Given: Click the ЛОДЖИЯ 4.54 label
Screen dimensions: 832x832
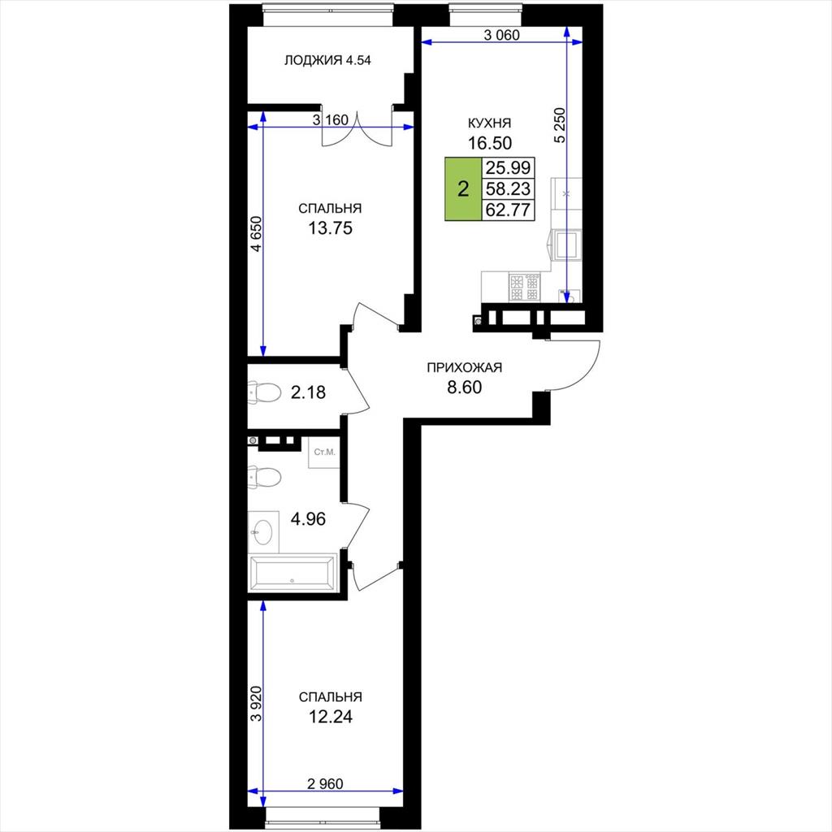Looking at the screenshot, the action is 327,60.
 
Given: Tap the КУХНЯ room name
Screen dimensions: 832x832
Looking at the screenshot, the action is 489,123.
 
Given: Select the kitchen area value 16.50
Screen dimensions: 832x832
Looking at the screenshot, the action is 489,143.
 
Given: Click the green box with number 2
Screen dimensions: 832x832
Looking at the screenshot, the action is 463,188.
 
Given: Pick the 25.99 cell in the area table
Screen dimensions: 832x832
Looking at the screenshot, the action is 508,167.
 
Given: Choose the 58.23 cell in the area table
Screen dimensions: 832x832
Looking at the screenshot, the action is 508,188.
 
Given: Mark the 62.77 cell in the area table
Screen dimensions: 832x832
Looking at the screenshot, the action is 508,210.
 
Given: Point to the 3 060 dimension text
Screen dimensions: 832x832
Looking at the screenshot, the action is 501,35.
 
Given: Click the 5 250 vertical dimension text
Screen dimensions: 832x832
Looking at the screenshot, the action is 561,125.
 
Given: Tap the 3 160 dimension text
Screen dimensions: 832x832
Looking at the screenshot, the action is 330,120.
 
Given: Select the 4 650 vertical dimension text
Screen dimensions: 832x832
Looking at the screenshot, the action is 256,233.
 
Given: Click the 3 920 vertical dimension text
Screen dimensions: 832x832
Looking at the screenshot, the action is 256,704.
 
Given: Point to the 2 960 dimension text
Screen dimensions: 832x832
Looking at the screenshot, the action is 325,783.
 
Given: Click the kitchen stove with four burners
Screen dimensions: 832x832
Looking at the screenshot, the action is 524,287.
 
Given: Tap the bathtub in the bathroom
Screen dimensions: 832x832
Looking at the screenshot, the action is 292,573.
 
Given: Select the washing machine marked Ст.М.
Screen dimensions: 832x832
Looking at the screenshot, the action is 324,453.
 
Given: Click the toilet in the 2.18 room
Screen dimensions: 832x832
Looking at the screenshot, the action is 264,392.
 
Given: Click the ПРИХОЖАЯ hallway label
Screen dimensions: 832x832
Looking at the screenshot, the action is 464,367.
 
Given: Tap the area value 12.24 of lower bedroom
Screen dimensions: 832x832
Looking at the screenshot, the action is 330,717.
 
